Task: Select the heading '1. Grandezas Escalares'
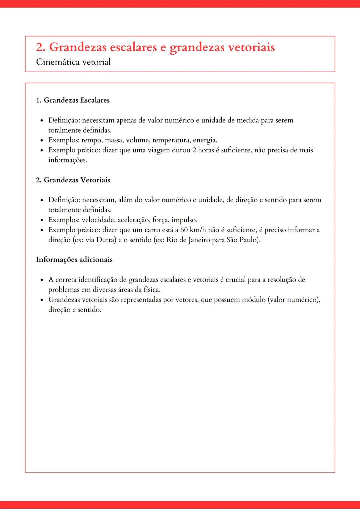coord(73,100)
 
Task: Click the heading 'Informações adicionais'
coord(74,260)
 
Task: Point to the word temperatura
coord(171,140)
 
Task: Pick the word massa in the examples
coord(114,140)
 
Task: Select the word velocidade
coord(98,220)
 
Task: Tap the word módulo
coord(253,300)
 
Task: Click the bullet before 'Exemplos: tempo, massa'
coord(42,141)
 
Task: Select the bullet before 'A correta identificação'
coord(42,280)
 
